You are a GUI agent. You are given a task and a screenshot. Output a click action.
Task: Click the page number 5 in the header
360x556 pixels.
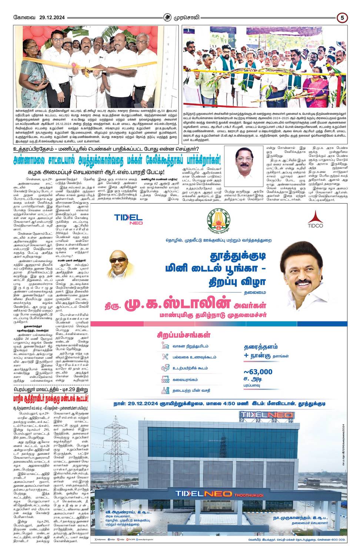coord(342,17)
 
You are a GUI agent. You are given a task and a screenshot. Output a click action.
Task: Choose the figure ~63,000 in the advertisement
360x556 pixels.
coord(258,372)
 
